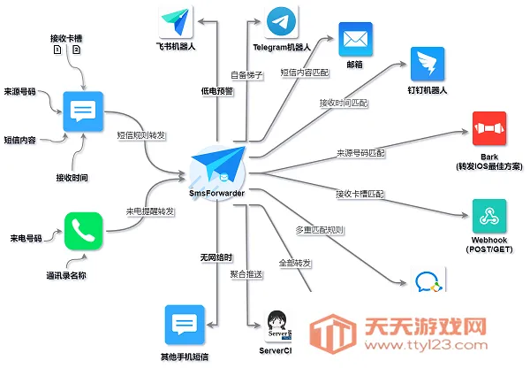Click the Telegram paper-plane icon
281,20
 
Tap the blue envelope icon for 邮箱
357,39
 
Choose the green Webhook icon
489,214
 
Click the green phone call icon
85,231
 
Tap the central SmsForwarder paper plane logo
217,164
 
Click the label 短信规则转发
142,135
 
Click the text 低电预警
217,90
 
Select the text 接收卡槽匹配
360,193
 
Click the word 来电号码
27,239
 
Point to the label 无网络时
217,257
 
